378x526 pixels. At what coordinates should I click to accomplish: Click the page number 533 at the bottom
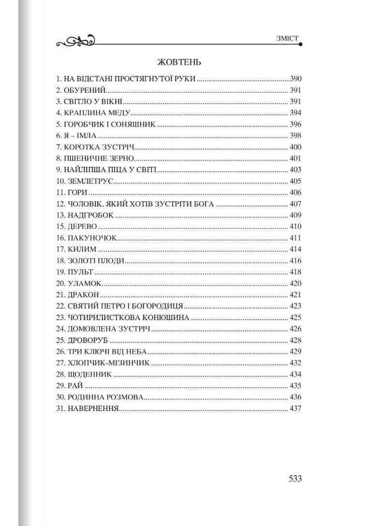[295, 479]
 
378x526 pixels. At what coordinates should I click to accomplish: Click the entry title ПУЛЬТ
[81, 272]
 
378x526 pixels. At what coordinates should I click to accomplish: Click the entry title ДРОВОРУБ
[88, 340]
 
